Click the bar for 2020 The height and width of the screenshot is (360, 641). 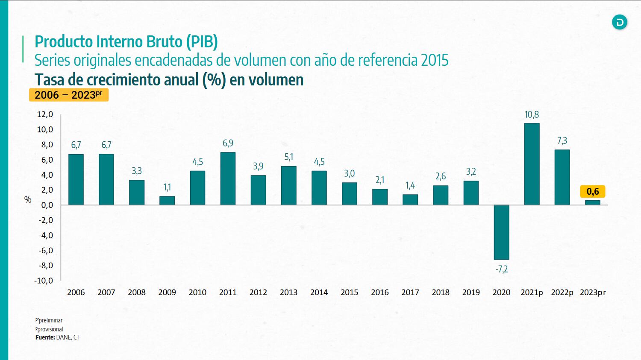pyautogui.click(x=501, y=232)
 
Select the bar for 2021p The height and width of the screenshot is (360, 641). pyautogui.click(x=532, y=164)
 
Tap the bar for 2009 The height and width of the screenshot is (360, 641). pyautogui.click(x=167, y=200)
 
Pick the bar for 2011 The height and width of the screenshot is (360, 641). pyautogui.click(x=228, y=179)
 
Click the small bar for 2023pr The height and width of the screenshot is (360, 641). pyautogui.click(x=592, y=202)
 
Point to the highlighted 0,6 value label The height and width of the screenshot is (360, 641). pyautogui.click(x=592, y=192)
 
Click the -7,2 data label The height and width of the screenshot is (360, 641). pyautogui.click(x=501, y=269)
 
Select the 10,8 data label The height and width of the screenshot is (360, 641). pyautogui.click(x=532, y=114)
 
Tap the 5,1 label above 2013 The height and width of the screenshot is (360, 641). pyautogui.click(x=289, y=157)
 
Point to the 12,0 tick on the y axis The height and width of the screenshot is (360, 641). pyautogui.click(x=45, y=114)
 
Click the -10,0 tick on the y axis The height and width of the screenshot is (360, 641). pyautogui.click(x=44, y=281)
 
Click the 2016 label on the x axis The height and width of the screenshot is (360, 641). pyautogui.click(x=379, y=293)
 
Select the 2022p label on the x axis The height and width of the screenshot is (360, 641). pyautogui.click(x=562, y=293)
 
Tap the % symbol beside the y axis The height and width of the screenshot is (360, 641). pyautogui.click(x=28, y=199)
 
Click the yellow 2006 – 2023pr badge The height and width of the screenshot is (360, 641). pyautogui.click(x=68, y=95)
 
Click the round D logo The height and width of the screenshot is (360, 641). pyautogui.click(x=619, y=22)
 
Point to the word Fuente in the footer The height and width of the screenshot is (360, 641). pyautogui.click(x=45, y=337)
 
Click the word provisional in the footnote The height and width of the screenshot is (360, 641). pyautogui.click(x=50, y=329)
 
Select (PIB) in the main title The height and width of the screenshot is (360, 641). pyautogui.click(x=202, y=41)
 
